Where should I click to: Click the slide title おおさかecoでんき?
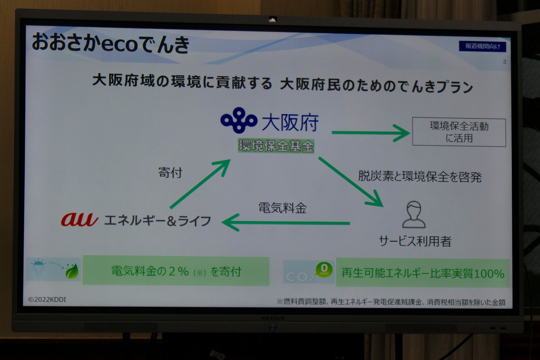[x=111, y=44]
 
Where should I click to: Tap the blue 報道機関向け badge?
[x=482, y=46]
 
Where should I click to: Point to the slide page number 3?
[x=505, y=62]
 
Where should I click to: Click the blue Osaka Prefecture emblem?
[x=239, y=120]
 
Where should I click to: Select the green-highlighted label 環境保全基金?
[x=276, y=146]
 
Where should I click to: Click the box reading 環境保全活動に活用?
[x=459, y=132]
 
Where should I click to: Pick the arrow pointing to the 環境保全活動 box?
[x=371, y=132]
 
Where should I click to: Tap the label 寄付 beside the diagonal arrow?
[x=170, y=172]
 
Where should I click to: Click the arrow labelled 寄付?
[x=200, y=184]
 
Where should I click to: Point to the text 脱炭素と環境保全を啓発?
[x=420, y=177]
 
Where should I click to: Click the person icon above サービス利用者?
[x=414, y=214]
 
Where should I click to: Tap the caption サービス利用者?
[x=415, y=241]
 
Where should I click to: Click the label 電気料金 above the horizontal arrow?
[x=282, y=208]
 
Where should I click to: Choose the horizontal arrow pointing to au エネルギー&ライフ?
[x=286, y=223]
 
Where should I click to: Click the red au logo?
[x=80, y=220]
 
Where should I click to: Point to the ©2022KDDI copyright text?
[x=47, y=300]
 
